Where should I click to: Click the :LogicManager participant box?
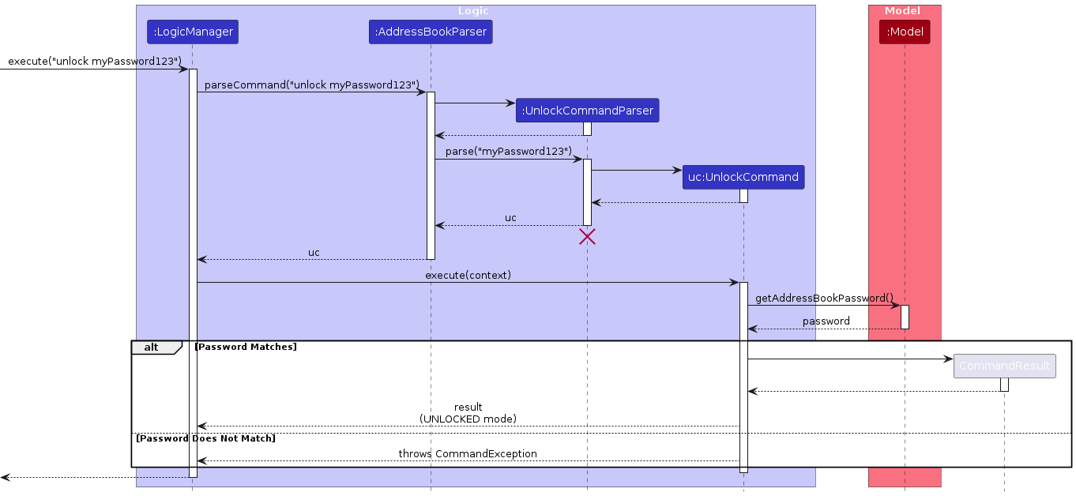pos(193,32)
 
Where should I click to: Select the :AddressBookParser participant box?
pos(431,32)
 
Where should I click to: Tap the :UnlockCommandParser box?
pos(587,111)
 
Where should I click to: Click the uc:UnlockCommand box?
pos(743,177)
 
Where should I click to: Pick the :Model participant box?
pos(905,32)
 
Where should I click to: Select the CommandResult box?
pos(1004,366)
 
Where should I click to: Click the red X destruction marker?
pos(587,237)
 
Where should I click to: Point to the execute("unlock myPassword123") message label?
pos(95,62)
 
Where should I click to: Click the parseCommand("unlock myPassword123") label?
pos(311,85)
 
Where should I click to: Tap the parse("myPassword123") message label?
pos(508,152)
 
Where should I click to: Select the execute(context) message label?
pos(468,276)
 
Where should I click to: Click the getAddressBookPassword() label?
pos(824,299)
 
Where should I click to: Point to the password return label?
pos(826,321)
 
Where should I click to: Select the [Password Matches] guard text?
pos(246,347)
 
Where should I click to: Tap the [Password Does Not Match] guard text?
pos(205,438)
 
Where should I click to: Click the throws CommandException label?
pos(468,454)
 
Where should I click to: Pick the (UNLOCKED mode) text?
pos(468,419)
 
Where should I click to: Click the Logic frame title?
pos(473,11)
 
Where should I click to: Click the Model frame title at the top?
pos(902,11)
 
